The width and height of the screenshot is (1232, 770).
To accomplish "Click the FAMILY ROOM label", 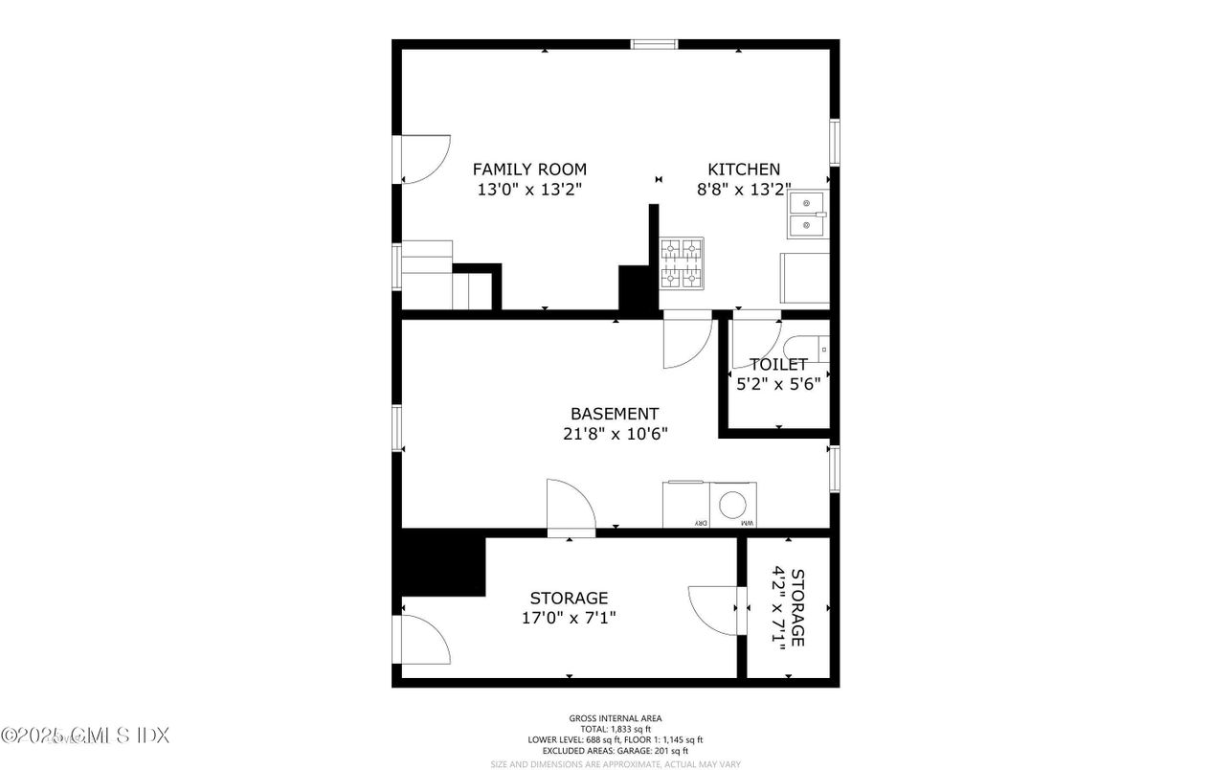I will pos(529,170).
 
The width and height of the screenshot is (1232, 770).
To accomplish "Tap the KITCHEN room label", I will pos(743,170).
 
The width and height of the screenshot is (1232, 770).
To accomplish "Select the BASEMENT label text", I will pos(615,414).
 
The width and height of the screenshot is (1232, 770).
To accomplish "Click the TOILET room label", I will pos(778,365).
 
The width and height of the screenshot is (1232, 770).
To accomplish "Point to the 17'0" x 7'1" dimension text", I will pos(569,618).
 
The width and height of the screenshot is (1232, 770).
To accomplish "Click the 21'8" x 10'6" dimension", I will pos(615,433).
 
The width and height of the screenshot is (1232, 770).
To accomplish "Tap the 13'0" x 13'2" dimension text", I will pos(529,190).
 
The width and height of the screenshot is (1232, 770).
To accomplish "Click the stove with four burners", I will pos(682,262).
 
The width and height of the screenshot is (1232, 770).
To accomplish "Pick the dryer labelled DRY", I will pos(686,505).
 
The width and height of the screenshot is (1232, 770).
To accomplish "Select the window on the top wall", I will pos(654,44).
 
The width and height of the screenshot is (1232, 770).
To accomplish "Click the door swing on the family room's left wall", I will pos(423,159).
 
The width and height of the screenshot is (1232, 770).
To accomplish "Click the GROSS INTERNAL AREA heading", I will pos(615,718).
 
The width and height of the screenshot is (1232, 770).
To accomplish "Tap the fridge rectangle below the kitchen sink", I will pos(805,279).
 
